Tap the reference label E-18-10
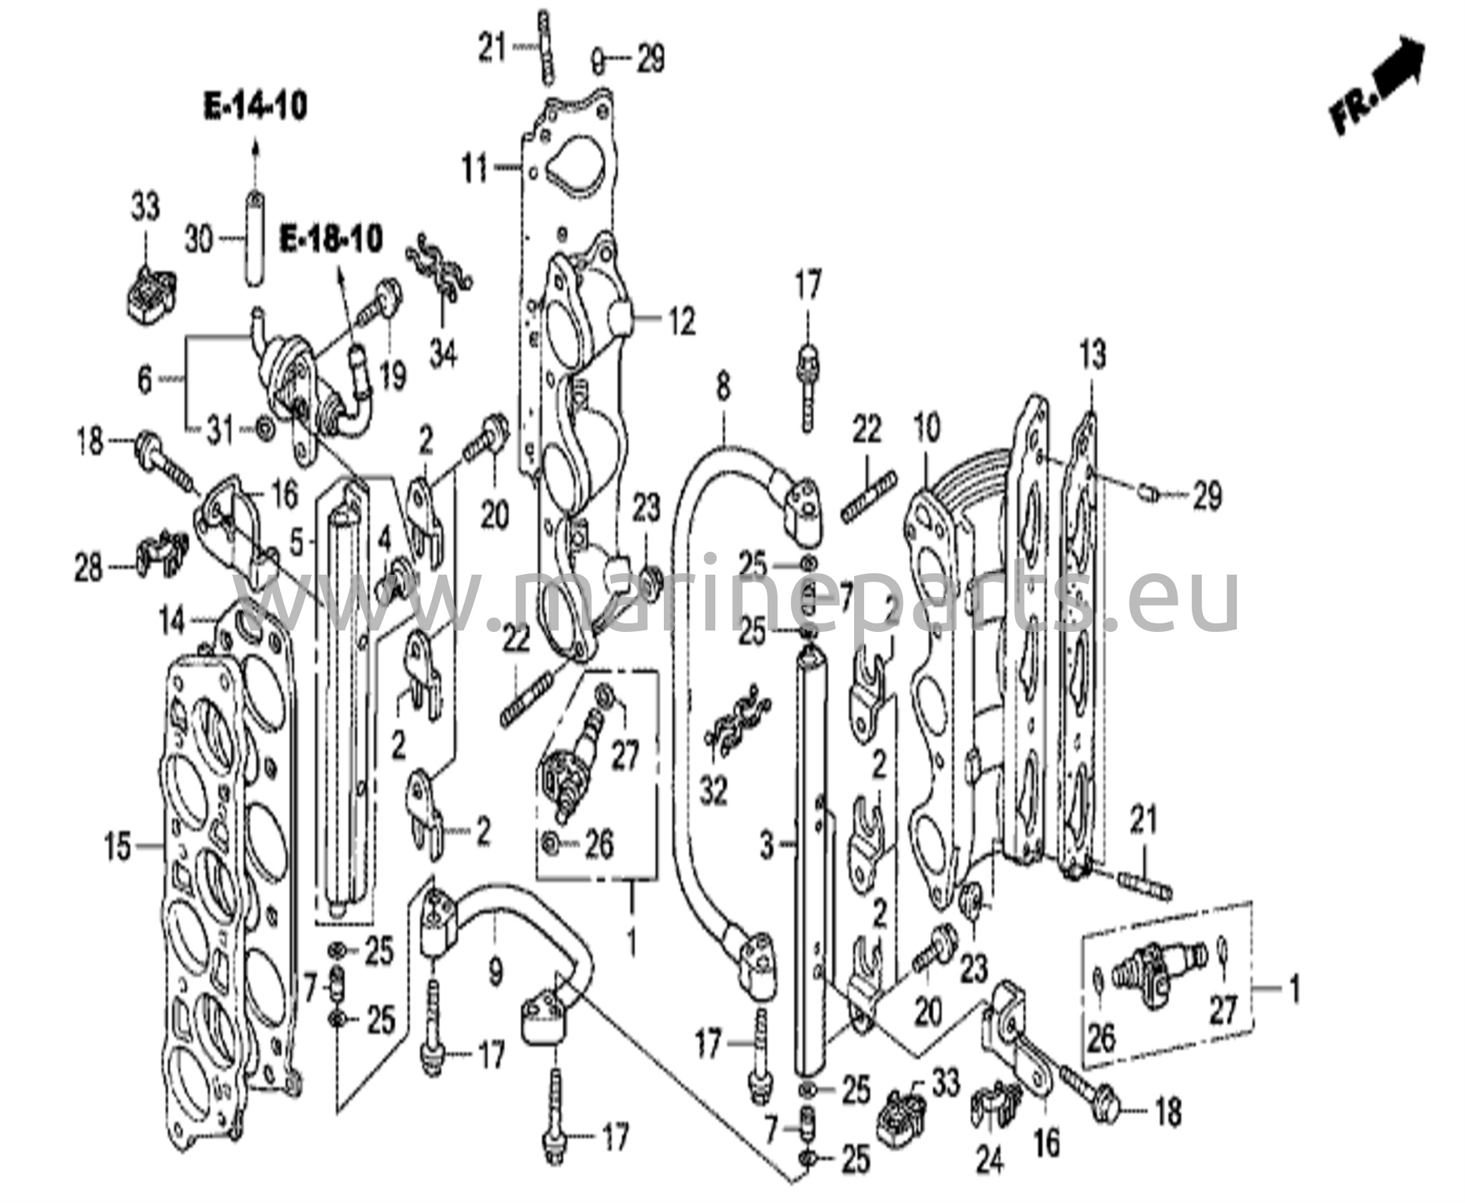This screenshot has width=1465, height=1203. point(331,238)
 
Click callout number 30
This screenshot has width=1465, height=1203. point(200,238)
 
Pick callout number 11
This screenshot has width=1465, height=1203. point(476,170)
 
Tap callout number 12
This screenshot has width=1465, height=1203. point(681,321)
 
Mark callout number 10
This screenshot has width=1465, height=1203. point(927,429)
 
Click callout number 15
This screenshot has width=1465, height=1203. point(119,847)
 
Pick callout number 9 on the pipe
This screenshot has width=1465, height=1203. point(495,972)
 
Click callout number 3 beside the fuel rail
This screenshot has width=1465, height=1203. point(767,847)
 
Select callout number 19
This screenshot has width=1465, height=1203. point(392,375)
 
